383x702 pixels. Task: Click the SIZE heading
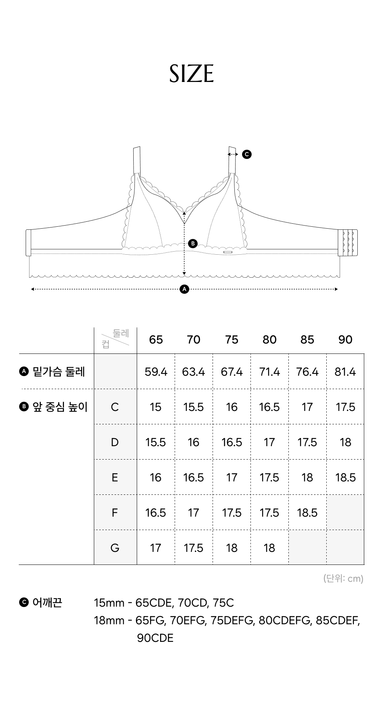pyautogui.click(x=191, y=74)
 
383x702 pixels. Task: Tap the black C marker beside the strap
pyautogui.click(x=247, y=154)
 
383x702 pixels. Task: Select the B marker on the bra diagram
pyautogui.click(x=193, y=243)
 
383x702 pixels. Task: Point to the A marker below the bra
pyautogui.click(x=185, y=289)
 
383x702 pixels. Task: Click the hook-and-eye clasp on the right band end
pyautogui.click(x=348, y=242)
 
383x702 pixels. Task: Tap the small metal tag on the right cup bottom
pyautogui.click(x=228, y=252)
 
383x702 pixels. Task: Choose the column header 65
pyautogui.click(x=156, y=340)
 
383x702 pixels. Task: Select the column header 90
pyautogui.click(x=345, y=340)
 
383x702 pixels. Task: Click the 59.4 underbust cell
pyautogui.click(x=156, y=372)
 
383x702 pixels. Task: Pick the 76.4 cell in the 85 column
pyautogui.click(x=308, y=372)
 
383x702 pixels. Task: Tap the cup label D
pyautogui.click(x=115, y=442)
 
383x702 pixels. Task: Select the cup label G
pyautogui.click(x=115, y=548)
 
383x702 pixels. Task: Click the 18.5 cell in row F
pyautogui.click(x=308, y=513)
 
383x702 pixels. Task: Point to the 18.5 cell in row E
pyautogui.click(x=345, y=478)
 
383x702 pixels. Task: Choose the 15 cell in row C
pyautogui.click(x=156, y=407)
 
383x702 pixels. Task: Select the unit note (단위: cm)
pyautogui.click(x=343, y=578)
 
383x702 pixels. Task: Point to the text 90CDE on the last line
pyautogui.click(x=155, y=638)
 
